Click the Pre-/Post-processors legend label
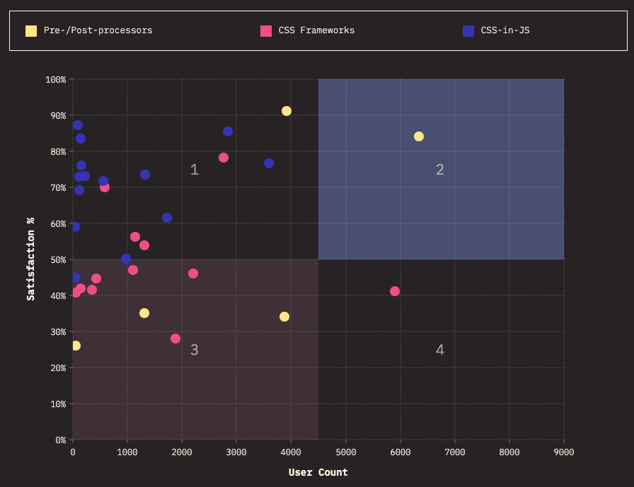(98, 30)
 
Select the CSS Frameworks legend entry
(316, 30)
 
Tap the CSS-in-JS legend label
(505, 30)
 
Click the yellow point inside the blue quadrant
(419, 136)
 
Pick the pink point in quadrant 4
(395, 291)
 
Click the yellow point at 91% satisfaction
(287, 111)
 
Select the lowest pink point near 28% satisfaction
(175, 339)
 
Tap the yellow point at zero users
(76, 346)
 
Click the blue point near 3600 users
(269, 163)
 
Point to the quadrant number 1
(195, 170)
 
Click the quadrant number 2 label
(440, 170)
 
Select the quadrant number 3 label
(195, 350)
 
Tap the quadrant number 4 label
(440, 350)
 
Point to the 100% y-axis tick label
(54, 79)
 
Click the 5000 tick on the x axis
(345, 452)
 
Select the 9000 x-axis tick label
(564, 452)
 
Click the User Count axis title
(318, 472)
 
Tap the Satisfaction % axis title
(31, 259)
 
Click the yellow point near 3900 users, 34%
(284, 317)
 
